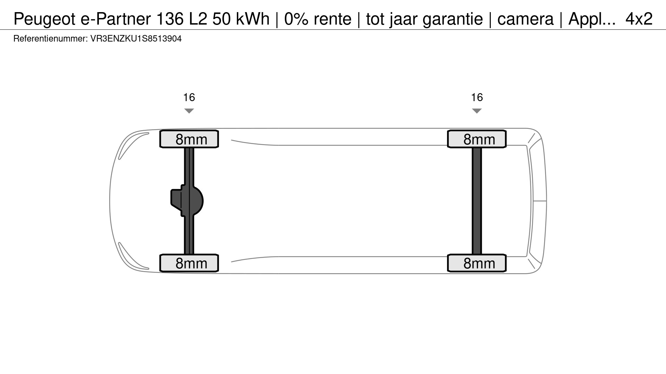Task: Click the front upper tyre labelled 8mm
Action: (189, 139)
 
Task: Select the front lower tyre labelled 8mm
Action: (189, 263)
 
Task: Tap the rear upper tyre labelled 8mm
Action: (477, 139)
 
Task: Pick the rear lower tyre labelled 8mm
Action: (477, 263)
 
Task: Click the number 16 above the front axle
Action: (189, 97)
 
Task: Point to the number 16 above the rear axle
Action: (477, 97)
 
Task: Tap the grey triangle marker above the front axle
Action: (189, 111)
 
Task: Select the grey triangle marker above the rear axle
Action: (477, 111)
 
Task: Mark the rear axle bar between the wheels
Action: (477, 201)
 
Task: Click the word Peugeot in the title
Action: (44, 19)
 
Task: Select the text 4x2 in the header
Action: (639, 19)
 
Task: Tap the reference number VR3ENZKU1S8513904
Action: (136, 39)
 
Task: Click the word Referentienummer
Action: (50, 39)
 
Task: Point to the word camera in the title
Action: (525, 19)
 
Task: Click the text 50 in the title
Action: (222, 19)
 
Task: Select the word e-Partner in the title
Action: (116, 19)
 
